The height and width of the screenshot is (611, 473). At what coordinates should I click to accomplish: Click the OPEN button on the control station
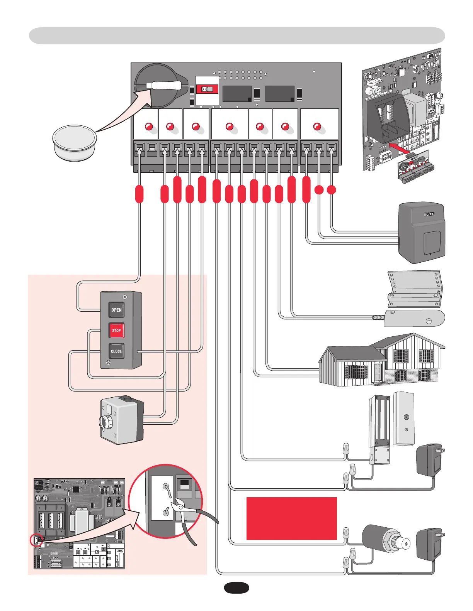(116, 310)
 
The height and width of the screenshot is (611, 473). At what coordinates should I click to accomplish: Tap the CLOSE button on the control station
(116, 351)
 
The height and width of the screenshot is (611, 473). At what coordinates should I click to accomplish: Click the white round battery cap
(74, 142)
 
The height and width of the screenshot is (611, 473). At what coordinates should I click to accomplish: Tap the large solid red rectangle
(291, 518)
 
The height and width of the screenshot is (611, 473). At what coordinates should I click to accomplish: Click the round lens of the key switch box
(105, 422)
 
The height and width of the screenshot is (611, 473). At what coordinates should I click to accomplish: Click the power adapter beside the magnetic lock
(429, 460)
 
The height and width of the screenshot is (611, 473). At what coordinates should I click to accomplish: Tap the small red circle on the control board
(36, 540)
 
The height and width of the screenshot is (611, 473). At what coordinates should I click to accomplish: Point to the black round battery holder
(160, 86)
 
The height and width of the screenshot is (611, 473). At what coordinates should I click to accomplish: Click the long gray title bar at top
(236, 36)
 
